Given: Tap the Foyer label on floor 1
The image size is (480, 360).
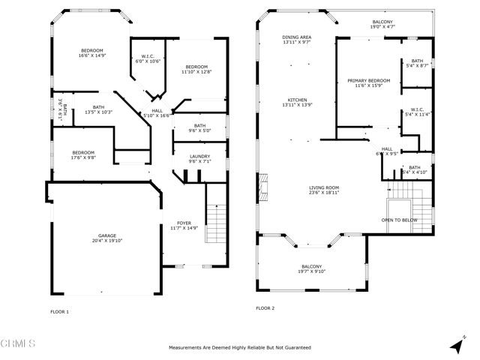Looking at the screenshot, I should (184, 225).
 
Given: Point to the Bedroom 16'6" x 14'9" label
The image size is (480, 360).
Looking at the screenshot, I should (92, 52).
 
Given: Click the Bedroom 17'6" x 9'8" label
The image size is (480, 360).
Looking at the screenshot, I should (83, 154).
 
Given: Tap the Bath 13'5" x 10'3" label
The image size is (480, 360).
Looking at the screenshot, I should (97, 109).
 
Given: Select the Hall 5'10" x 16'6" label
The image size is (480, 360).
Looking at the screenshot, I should (157, 113).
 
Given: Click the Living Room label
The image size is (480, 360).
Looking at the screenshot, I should (325, 190).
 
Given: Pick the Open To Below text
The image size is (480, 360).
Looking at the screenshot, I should (399, 220).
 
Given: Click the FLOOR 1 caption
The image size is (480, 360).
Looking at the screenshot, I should (59, 311).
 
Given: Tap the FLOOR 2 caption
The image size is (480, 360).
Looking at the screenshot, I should (265, 308).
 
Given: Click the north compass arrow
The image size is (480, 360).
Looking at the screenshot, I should (457, 346).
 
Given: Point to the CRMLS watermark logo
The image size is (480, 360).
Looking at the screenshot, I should (19, 343).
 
